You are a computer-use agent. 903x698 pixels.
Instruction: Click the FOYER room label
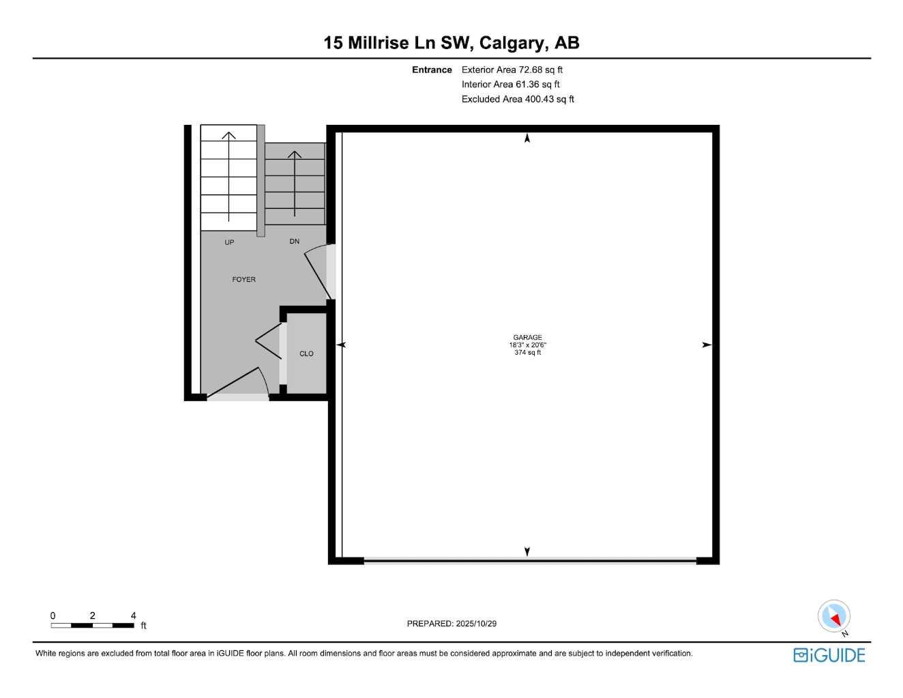click(243, 280)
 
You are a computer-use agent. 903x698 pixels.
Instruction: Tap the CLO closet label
click(306, 353)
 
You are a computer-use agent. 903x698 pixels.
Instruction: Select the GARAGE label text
click(527, 337)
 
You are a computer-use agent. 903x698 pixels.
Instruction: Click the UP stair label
click(229, 242)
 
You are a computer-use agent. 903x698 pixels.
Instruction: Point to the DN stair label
click(294, 242)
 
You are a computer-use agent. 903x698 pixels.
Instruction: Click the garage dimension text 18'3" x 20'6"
click(527, 345)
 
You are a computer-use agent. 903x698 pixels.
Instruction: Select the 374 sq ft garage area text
click(527, 353)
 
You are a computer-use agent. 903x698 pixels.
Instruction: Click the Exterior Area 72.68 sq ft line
click(512, 70)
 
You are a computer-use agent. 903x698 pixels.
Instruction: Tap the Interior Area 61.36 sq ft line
click(510, 85)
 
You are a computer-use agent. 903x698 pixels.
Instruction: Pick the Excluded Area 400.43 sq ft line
click(518, 100)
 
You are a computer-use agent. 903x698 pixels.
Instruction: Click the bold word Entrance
click(432, 70)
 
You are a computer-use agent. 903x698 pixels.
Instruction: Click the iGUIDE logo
click(829, 655)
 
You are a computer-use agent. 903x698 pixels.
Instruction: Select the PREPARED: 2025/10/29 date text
click(451, 624)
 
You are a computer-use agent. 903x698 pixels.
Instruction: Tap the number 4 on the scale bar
click(133, 615)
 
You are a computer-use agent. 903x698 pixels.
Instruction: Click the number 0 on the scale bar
click(53, 615)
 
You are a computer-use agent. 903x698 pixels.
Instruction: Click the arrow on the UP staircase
click(229, 174)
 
